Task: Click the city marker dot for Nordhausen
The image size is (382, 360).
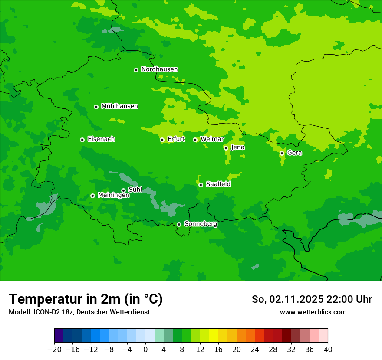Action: click(x=136, y=70)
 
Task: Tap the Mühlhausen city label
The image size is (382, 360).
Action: click(x=119, y=106)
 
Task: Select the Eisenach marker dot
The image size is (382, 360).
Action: click(x=82, y=140)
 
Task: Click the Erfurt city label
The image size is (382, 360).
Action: click(x=176, y=139)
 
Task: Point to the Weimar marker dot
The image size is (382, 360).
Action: click(x=195, y=140)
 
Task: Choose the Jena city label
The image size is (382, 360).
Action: click(x=237, y=147)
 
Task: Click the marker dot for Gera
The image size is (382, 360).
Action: click(x=282, y=153)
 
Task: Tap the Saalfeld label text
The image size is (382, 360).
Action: click(x=218, y=184)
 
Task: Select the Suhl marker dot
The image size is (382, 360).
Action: click(x=123, y=190)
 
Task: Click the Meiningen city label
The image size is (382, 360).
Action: click(x=113, y=196)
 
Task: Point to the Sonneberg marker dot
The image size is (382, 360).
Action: click(x=179, y=224)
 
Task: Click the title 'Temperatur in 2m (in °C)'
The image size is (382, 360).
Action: click(x=86, y=299)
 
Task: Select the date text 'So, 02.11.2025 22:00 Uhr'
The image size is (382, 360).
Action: click(x=312, y=299)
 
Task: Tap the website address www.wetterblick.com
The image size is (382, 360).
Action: click(x=313, y=312)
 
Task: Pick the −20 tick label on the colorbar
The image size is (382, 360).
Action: click(x=54, y=350)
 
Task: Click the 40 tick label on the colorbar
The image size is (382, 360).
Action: click(x=328, y=350)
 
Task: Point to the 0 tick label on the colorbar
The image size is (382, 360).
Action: click(x=145, y=350)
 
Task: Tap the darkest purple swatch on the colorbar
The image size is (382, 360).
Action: click(x=59, y=336)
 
